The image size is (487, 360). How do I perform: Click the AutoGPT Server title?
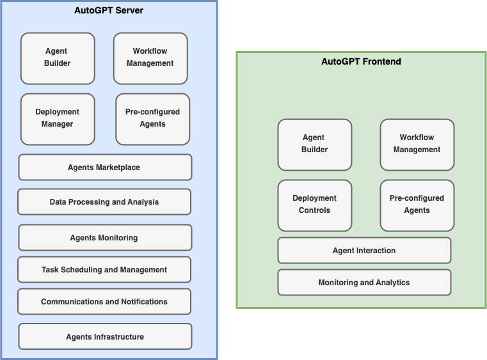[109, 10]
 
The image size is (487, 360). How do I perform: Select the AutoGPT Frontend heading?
[361, 61]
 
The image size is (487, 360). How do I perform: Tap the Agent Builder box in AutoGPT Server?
[58, 58]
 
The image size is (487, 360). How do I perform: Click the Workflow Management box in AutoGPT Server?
[150, 58]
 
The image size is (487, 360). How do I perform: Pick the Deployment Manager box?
[58, 119]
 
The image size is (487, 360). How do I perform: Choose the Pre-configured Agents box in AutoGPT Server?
[153, 119]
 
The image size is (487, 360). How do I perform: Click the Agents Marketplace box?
[106, 168]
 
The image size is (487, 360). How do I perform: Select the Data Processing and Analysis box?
[104, 201]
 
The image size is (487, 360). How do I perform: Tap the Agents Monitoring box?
[106, 238]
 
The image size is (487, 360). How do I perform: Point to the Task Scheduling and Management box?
[104, 270]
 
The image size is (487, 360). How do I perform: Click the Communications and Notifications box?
[104, 302]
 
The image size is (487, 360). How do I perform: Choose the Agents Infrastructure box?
[106, 336]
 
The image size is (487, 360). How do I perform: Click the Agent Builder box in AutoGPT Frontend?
[315, 145]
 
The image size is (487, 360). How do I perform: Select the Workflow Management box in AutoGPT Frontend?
[417, 145]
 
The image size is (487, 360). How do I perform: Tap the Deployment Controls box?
[315, 205]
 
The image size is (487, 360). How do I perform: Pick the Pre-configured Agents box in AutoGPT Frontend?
[417, 205]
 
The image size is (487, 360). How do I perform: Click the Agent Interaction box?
[364, 251]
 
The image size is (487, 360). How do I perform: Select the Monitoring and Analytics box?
[364, 283]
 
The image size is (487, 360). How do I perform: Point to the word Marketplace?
[118, 168]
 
